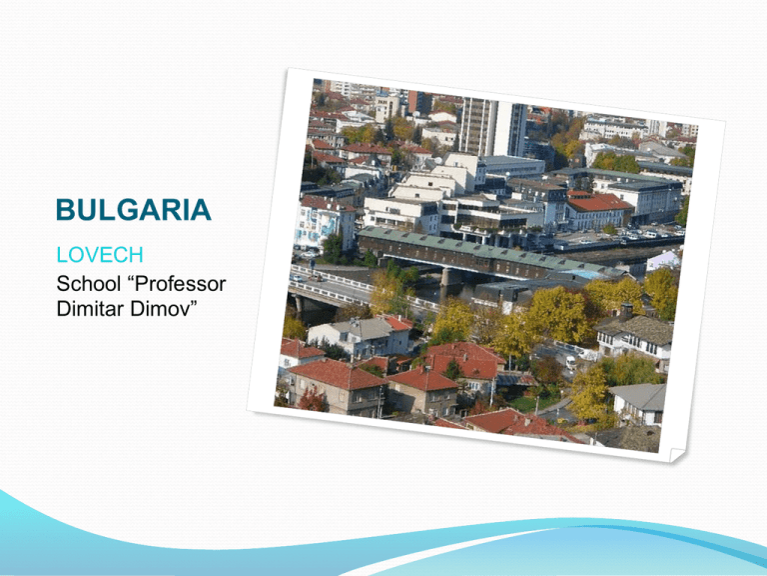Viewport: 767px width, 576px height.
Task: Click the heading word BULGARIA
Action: point(134,210)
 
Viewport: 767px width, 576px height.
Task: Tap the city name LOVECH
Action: point(100,255)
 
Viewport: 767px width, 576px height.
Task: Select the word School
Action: point(88,284)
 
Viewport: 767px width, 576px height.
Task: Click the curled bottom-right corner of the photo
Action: point(676,455)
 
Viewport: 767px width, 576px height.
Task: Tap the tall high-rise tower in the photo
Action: point(491,126)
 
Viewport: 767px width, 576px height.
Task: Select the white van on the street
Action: point(571,362)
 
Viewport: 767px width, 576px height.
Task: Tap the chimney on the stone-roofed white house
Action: point(625,311)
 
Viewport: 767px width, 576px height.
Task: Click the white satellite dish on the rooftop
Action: point(436,161)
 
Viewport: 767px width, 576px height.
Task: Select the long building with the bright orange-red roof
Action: point(598,211)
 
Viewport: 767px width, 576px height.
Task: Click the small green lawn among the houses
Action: point(527,404)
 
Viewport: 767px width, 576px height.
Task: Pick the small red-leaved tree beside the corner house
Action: point(312,399)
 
